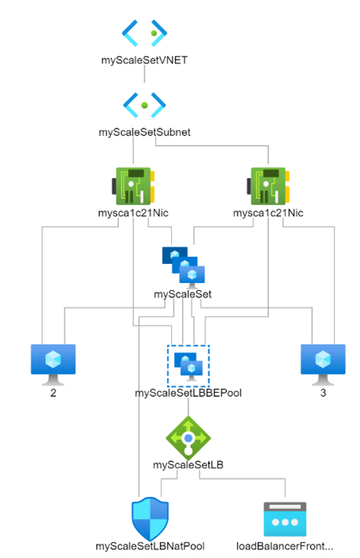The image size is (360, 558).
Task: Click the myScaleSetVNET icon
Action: [144, 33]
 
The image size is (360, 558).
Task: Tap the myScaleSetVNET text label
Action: [144, 60]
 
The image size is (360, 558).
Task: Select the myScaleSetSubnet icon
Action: [144, 105]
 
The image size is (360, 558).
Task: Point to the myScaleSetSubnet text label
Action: [144, 133]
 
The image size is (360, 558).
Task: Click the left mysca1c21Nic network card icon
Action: [133, 186]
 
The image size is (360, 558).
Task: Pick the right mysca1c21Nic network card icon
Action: [268, 186]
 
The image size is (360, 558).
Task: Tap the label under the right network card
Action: [268, 213]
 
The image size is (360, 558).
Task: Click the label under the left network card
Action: [133, 213]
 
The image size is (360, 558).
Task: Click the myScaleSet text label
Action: [182, 294]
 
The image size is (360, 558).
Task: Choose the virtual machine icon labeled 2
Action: [53, 365]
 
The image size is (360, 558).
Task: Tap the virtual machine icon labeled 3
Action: [323, 365]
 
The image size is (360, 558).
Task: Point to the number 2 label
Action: [53, 393]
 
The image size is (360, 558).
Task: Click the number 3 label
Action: [323, 393]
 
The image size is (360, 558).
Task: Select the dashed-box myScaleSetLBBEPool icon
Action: [188, 366]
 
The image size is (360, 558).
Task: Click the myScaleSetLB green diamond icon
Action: [188, 438]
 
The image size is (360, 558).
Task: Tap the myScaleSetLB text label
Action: [188, 465]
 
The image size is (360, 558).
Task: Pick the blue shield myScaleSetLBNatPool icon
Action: [150, 519]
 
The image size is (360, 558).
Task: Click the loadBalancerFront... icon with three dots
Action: [285, 519]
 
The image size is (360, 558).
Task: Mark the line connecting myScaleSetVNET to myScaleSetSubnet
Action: [144, 74]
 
